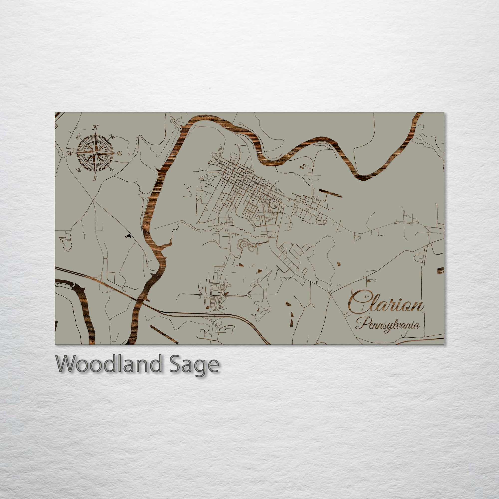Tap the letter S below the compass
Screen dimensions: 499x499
click(x=95, y=178)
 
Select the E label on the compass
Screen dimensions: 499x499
click(x=119, y=153)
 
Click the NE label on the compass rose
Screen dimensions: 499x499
click(x=112, y=137)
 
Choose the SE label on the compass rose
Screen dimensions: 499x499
click(x=112, y=170)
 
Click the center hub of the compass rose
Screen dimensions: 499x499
click(x=95, y=153)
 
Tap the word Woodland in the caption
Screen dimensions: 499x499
click(x=109, y=364)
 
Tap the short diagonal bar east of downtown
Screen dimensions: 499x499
click(x=330, y=193)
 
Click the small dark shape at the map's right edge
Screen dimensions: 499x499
click(x=441, y=270)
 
